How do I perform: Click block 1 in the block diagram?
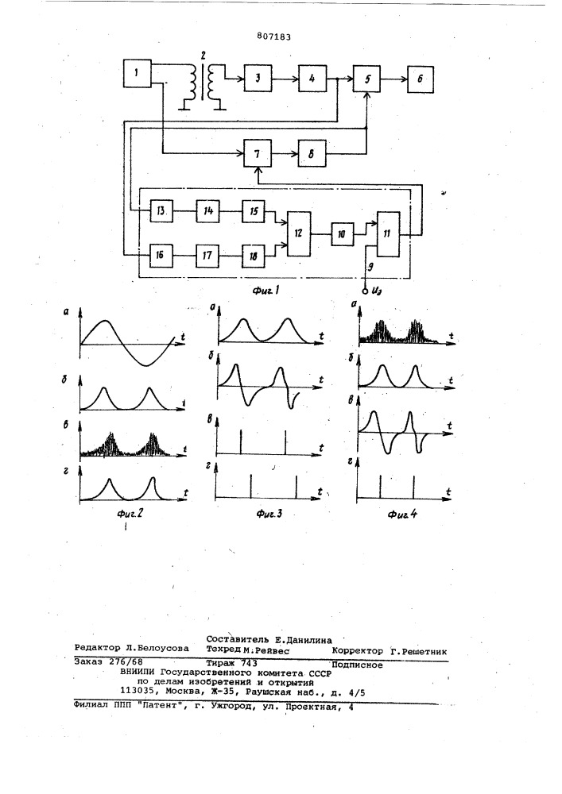(138, 73)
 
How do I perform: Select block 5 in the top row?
(366, 79)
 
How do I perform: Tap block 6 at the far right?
(421, 79)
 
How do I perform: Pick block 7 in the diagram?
(257, 153)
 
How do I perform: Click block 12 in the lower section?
(299, 233)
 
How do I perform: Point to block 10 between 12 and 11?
(343, 234)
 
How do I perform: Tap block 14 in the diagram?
(207, 211)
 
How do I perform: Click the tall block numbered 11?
(388, 234)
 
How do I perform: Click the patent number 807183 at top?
(273, 37)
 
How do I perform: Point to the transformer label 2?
(203, 54)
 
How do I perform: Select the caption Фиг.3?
(269, 514)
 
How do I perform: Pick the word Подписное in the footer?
(357, 665)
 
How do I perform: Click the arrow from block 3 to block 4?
(285, 79)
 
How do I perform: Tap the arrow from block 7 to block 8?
(285, 153)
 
